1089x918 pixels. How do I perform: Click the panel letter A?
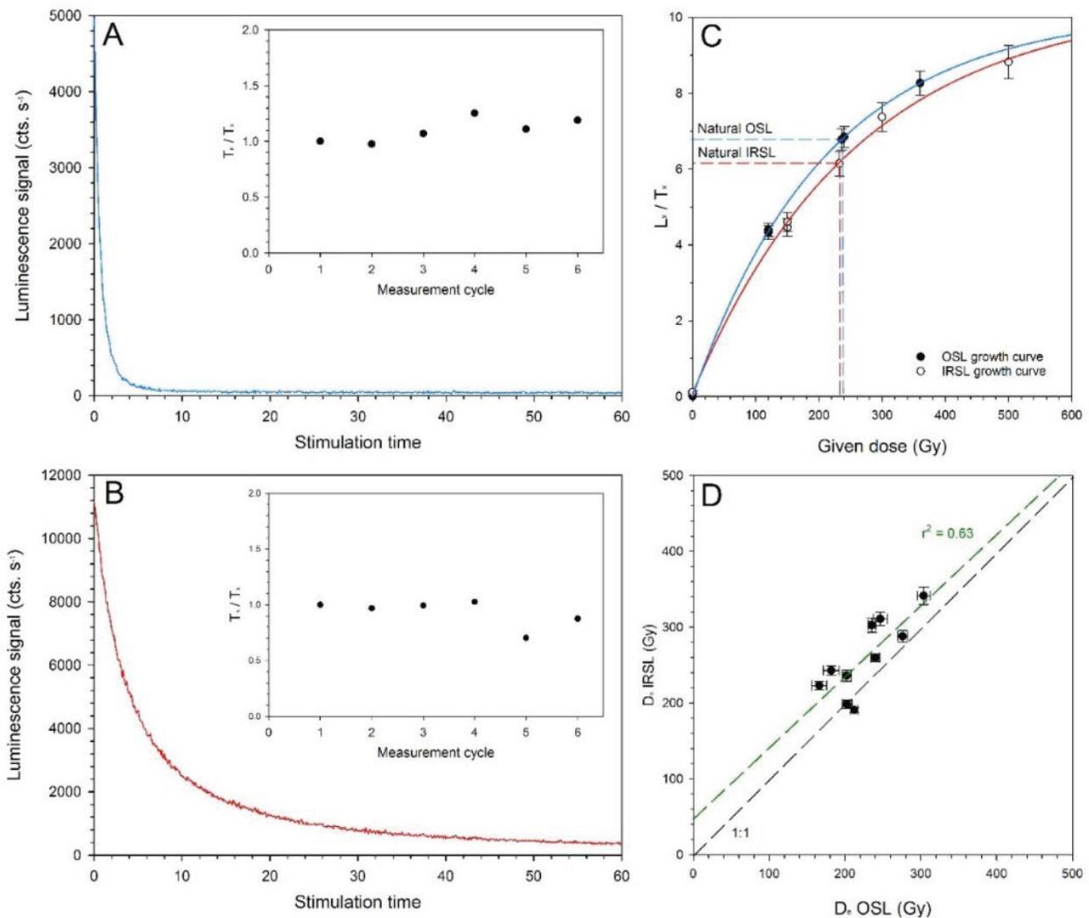pos(113,37)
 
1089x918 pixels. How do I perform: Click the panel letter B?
pos(113,493)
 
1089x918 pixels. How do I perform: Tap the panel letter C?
pos(710,37)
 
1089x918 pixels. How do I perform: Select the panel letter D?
pos(710,495)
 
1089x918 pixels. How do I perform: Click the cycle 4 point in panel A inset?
pos(475,113)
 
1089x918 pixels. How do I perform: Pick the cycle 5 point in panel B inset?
pos(526,637)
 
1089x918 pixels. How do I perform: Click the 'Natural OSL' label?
pos(735,128)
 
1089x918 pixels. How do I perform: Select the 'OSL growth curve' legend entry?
pos(991,357)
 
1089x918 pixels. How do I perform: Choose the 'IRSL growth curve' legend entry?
pos(993,372)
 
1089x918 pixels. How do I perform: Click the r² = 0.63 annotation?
pos(947,533)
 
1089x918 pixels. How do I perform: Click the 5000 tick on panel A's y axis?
pos(65,16)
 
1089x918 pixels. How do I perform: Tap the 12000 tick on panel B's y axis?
pos(62,475)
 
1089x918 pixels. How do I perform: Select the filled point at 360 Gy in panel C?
pos(920,83)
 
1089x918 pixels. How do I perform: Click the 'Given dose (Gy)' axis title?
pos(881,445)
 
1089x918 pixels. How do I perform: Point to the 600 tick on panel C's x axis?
pos(1071,415)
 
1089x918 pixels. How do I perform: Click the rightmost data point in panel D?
pos(923,596)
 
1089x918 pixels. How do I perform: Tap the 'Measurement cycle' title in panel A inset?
pos(436,289)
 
